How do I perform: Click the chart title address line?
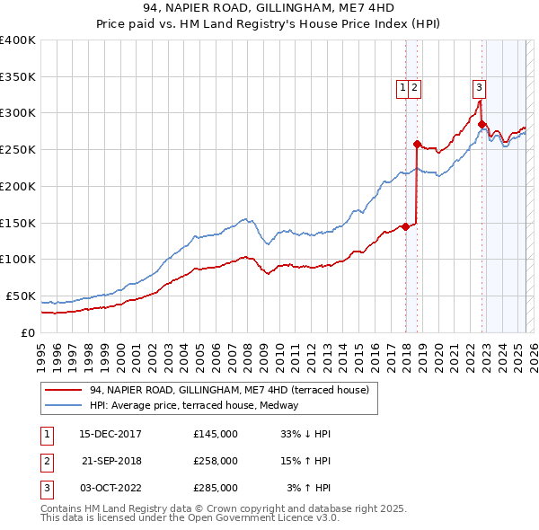coord(269,8)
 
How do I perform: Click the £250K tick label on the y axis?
coord(18,149)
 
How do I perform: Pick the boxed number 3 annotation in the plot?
coord(479,87)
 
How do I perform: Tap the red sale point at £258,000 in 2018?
coord(417,144)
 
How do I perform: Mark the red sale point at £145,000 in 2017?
coord(405,226)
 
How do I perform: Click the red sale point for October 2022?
coord(482,124)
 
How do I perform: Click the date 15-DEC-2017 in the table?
coord(110,433)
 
